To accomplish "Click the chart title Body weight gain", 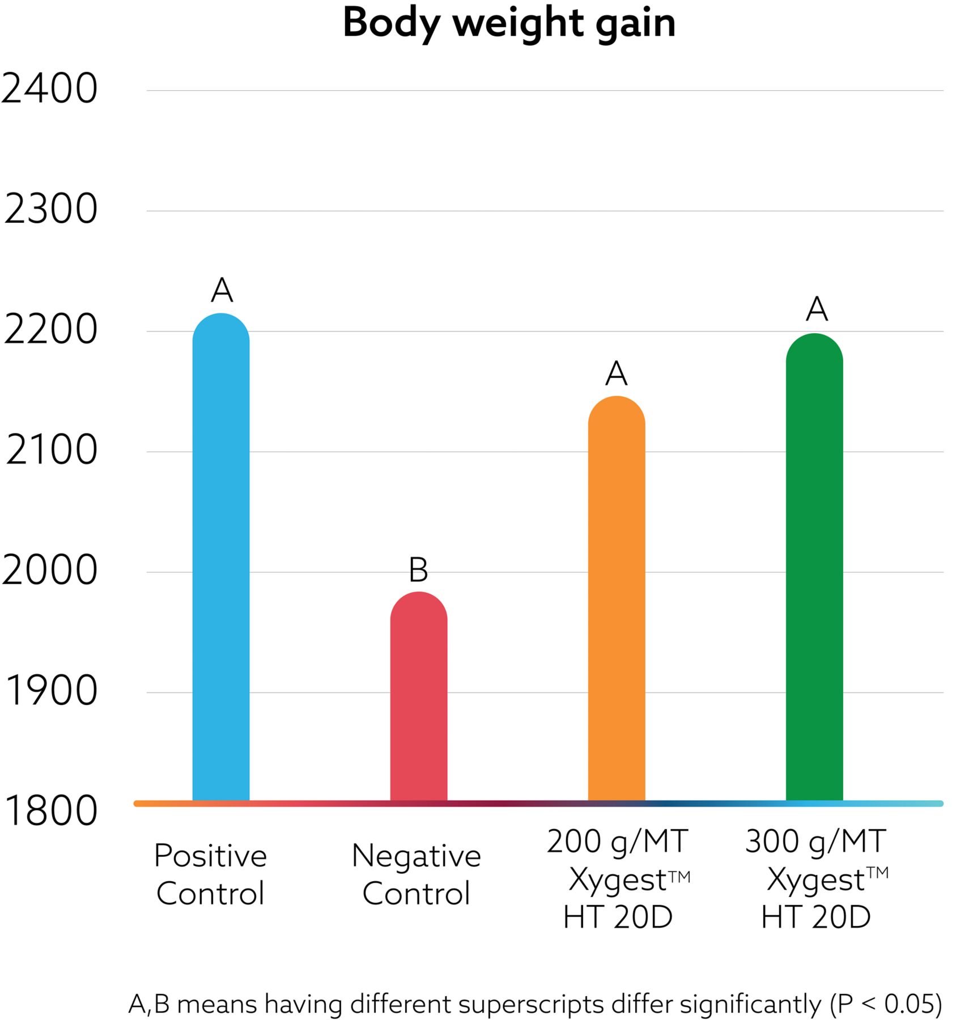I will (x=509, y=24).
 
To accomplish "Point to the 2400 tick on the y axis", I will (x=50, y=89).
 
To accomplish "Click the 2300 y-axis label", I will (x=51, y=209).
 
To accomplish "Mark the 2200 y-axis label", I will (x=51, y=330).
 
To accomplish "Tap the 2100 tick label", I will (x=52, y=450).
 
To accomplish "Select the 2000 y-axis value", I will (x=50, y=571).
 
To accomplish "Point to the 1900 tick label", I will (x=51, y=691).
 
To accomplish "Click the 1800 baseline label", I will (x=51, y=811).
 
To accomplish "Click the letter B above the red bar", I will (x=419, y=570).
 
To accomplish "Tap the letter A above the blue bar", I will (x=222, y=291).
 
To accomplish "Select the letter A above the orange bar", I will (x=617, y=374).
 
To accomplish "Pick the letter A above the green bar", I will (x=817, y=309).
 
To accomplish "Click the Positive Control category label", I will (x=210, y=874).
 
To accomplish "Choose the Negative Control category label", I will (x=417, y=874).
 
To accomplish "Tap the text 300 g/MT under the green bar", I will (x=815, y=841).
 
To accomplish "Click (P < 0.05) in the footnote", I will (x=886, y=1004).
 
